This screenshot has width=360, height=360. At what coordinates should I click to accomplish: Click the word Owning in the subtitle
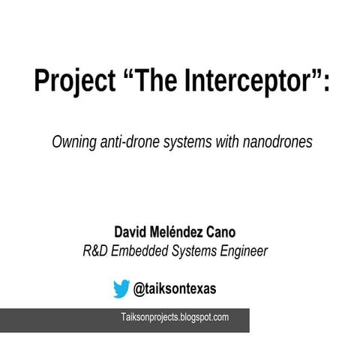coord(73,142)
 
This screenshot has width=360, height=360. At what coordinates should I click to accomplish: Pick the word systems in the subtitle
coord(187,142)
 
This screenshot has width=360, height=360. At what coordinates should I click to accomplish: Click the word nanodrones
coord(277,142)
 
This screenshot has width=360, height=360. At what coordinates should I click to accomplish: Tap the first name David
coord(130,232)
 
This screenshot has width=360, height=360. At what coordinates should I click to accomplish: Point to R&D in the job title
coord(95,251)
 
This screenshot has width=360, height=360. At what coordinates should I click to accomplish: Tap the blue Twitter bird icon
coord(121,288)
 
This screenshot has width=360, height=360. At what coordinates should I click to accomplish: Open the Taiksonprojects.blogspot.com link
coord(175,318)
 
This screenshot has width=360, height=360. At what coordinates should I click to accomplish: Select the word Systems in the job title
coord(193,251)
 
